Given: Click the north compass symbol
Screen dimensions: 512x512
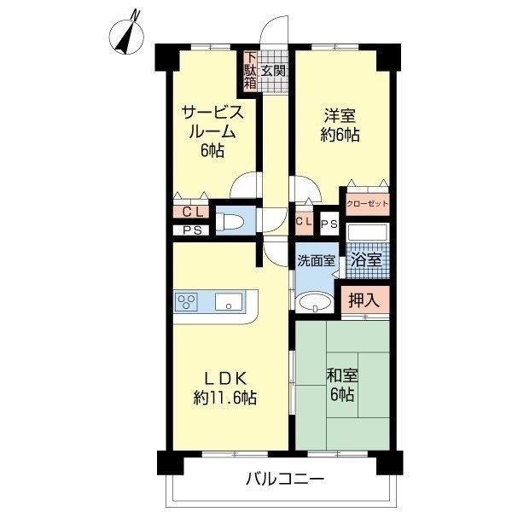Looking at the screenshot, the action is point(126,35).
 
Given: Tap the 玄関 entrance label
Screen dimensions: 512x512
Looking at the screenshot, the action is point(273,71).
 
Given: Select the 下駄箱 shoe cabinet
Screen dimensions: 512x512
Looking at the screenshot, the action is point(250,71).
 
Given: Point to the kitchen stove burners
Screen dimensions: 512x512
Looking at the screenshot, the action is point(186,301).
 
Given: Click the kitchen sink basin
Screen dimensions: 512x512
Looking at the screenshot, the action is point(229,301).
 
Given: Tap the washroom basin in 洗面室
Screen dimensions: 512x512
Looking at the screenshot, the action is point(315,303).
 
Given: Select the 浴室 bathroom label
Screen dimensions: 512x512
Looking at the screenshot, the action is point(367,260).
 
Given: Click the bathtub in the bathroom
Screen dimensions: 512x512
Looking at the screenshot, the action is point(368,232).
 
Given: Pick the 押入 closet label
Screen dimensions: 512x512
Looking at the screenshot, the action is point(364,300).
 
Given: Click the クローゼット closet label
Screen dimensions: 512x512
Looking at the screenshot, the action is point(368,204).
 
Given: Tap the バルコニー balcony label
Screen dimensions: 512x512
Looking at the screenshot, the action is point(285,480).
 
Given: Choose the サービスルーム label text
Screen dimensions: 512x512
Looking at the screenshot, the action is point(212,122).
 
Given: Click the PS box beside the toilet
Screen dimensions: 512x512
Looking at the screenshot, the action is point(192,230).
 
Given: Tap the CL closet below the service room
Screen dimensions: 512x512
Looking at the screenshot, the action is point(191,212).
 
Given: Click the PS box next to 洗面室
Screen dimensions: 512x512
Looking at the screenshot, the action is point(329,224).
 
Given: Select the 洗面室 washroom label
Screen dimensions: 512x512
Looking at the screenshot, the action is point(316,261).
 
